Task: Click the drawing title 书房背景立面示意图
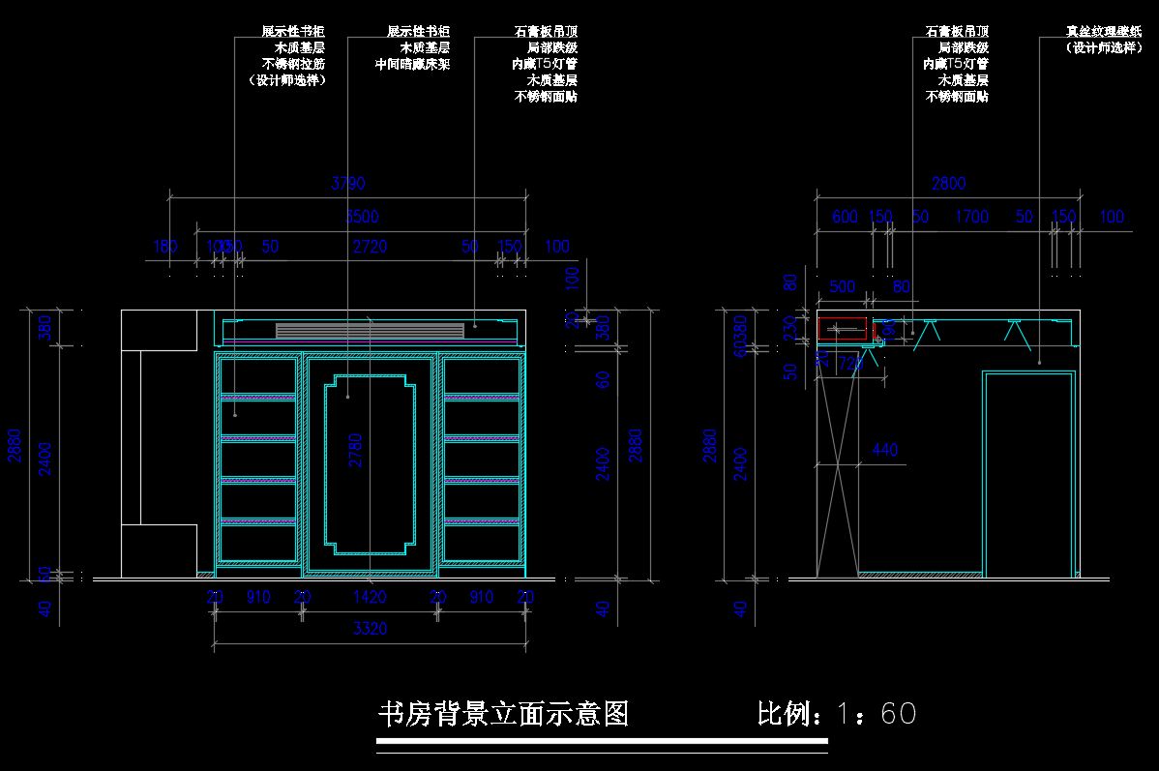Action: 503,714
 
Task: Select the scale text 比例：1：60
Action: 836,714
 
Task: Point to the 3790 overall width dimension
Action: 348,184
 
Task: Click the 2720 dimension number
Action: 370,247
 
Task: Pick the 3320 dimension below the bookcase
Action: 370,629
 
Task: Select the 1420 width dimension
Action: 370,598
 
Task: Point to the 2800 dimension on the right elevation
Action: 948,184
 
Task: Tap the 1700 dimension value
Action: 971,217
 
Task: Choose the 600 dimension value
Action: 845,217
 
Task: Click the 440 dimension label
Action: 884,450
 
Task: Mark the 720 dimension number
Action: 849,364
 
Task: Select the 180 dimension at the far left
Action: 165,247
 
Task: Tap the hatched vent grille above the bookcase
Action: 370,331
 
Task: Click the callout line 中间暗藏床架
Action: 412,64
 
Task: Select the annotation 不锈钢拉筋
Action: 293,64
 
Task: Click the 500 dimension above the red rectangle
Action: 843,287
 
